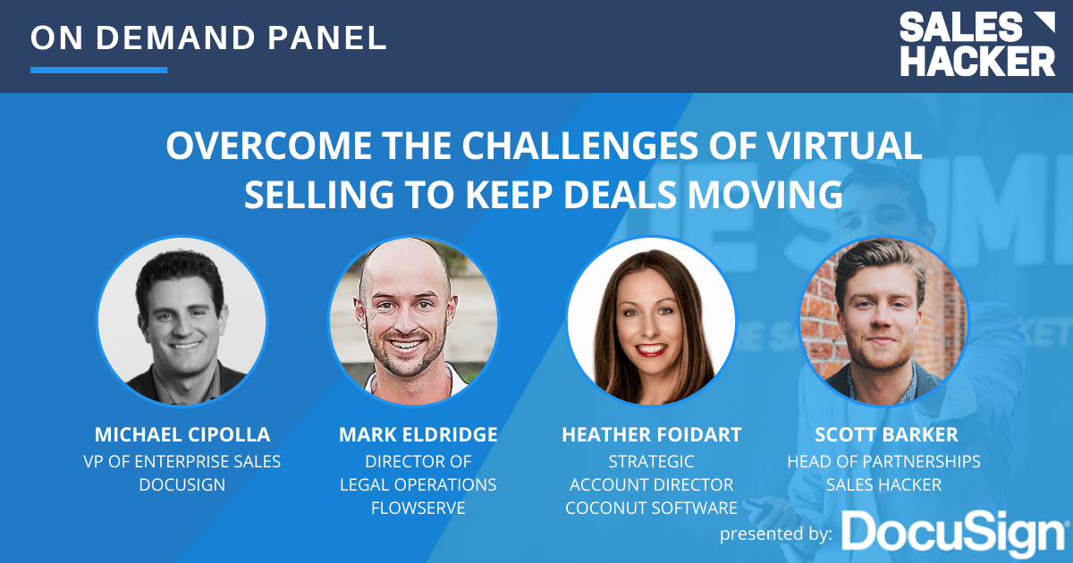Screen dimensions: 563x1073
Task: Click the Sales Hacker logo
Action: (976, 44)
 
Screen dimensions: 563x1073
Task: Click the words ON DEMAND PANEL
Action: (208, 37)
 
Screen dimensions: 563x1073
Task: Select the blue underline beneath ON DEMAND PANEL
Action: (98, 70)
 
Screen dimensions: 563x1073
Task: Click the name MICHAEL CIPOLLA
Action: (183, 435)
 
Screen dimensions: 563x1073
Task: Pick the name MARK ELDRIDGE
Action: (418, 435)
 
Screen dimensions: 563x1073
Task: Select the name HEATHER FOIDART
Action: (651, 435)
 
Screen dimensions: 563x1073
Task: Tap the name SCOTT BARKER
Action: (883, 435)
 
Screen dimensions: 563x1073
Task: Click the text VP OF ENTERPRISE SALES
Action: (183, 461)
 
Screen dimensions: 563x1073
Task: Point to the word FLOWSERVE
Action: (418, 508)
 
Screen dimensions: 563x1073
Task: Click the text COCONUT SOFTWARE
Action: (651, 508)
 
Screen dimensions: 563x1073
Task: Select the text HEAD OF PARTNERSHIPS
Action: (883, 461)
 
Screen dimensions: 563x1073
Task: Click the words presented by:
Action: (776, 534)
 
